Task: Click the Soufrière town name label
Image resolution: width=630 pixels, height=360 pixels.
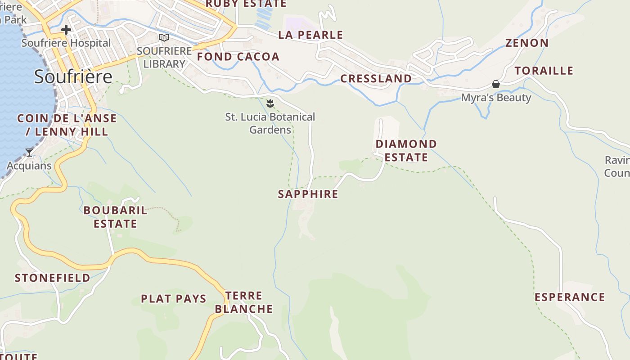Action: [73, 76]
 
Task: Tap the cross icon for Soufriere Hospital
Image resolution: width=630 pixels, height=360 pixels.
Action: [66, 30]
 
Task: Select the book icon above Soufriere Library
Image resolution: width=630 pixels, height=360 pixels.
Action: [164, 37]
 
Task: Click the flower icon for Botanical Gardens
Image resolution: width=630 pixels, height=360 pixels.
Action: [270, 104]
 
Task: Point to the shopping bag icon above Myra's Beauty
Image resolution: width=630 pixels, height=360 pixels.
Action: [495, 84]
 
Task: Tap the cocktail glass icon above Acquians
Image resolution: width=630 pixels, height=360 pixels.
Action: [29, 153]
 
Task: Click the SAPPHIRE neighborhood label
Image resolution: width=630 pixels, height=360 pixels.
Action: [308, 194]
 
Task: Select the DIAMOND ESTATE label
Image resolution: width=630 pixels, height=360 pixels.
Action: [406, 151]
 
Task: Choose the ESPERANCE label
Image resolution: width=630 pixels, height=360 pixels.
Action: [570, 297]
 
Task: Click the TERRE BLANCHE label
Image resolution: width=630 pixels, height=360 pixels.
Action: [244, 302]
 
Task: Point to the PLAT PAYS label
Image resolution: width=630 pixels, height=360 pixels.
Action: [174, 299]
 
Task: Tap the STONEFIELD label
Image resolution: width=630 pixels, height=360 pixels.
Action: [53, 278]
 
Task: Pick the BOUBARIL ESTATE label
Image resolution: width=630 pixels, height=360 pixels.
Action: [115, 217]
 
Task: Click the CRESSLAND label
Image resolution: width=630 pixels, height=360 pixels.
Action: [376, 79]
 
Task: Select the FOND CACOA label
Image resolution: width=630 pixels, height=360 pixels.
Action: [238, 57]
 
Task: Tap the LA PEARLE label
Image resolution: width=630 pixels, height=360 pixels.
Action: [310, 35]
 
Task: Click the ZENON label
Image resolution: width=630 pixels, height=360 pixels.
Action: [526, 43]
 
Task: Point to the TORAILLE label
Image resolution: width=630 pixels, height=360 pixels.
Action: [544, 71]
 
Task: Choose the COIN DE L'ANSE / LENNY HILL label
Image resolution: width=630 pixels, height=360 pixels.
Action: [67, 125]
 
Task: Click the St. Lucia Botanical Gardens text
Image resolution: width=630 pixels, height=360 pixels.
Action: [270, 123]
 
